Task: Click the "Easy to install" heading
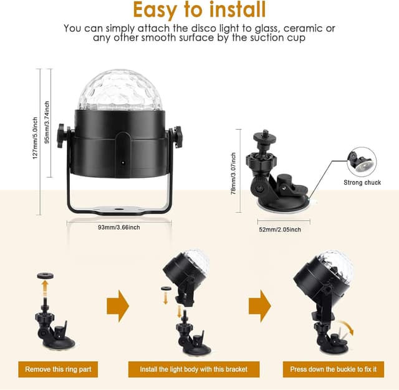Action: point(199,10)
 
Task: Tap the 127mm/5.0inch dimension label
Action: point(35,138)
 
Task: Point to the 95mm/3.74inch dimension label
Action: point(47,122)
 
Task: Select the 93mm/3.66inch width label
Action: point(119,227)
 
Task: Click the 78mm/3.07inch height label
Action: point(233,173)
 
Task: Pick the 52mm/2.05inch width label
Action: point(280,230)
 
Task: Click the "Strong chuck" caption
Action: point(362,182)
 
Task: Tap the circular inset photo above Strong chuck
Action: point(362,162)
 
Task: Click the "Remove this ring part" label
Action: point(58,369)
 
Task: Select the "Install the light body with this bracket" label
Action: point(194,369)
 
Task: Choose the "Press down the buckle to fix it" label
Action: point(334,369)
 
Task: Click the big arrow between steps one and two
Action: point(118,306)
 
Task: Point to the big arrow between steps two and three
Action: point(260,306)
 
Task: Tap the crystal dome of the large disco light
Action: point(120,90)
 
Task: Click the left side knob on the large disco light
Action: point(62,136)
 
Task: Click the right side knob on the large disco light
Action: point(178,137)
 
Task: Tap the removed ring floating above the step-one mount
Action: point(46,275)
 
